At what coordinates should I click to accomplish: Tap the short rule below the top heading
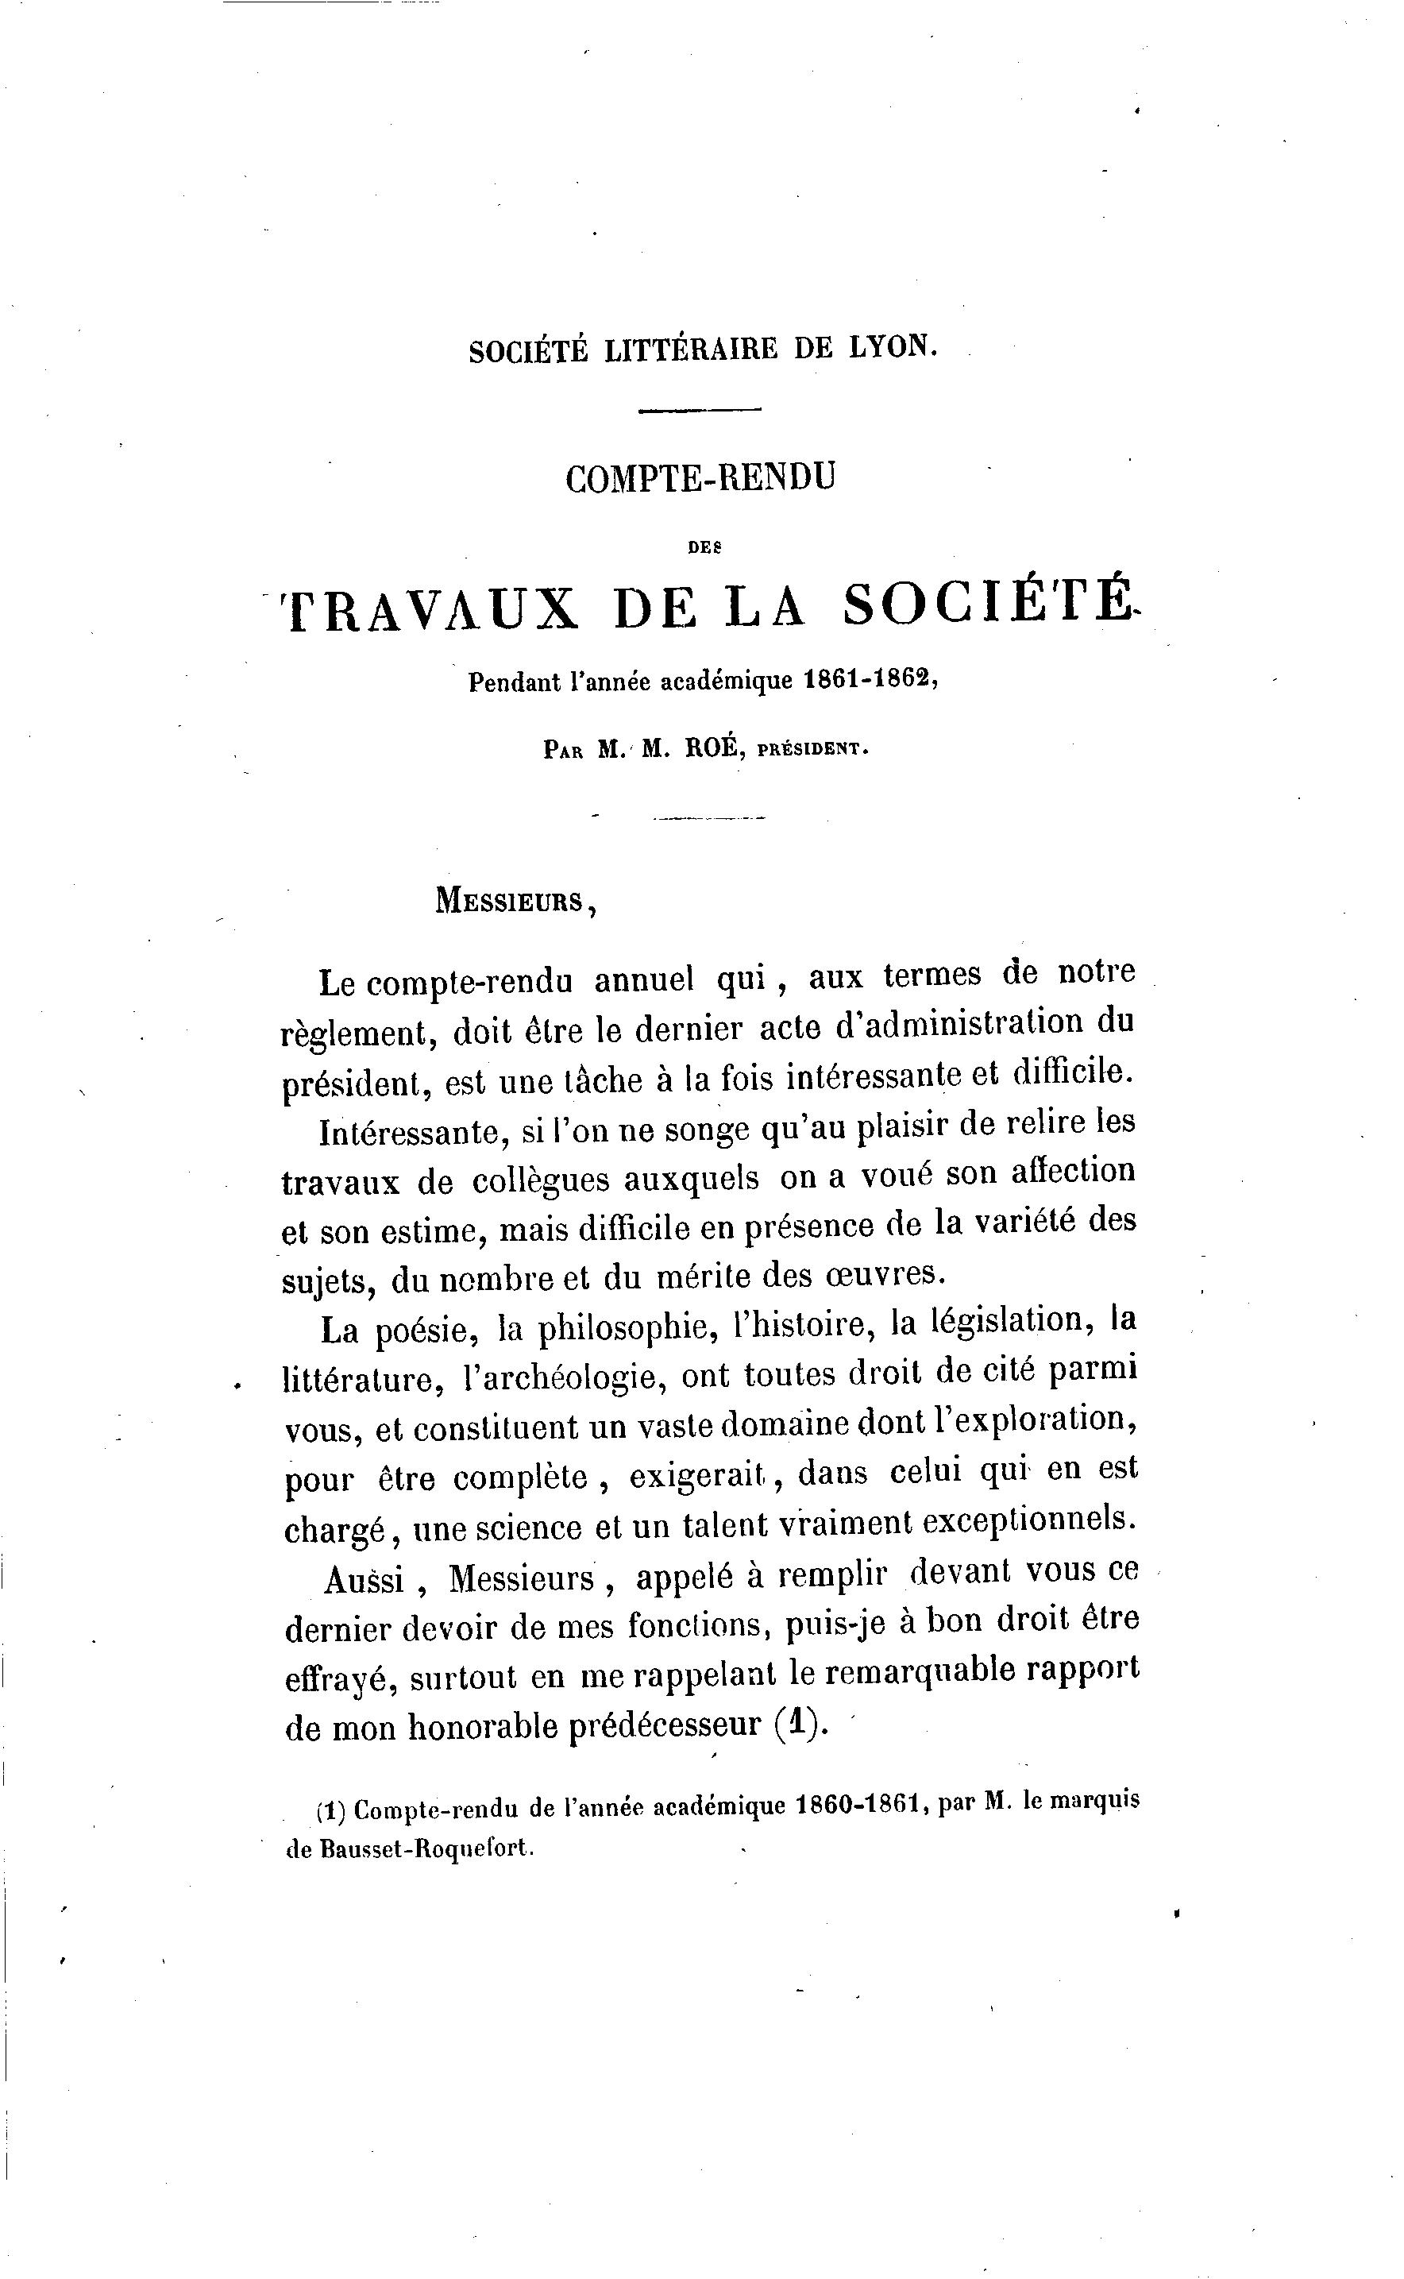pyautogui.click(x=700, y=410)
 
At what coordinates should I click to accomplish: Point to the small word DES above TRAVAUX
pyautogui.click(x=705, y=548)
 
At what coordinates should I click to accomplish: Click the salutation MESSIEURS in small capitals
pyautogui.click(x=509, y=900)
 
